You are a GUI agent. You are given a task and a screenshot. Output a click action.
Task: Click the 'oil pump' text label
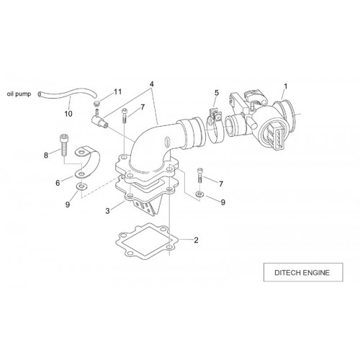tap(19, 94)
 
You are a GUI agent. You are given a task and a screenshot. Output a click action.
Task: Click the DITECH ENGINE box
tap(303, 272)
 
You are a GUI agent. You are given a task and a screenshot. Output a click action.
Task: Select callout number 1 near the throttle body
tap(286, 86)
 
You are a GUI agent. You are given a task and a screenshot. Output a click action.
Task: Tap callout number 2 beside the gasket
tap(196, 240)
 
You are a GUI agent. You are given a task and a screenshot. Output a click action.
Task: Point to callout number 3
tap(107, 211)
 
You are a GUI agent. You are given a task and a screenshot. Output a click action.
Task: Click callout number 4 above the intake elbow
tap(151, 84)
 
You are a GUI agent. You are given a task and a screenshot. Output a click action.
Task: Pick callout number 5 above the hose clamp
tap(217, 93)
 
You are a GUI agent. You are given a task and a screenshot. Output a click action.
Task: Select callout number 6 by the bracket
tap(58, 183)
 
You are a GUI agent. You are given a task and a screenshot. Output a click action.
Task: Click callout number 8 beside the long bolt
tap(46, 156)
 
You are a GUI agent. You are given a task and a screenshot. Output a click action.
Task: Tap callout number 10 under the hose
tap(68, 114)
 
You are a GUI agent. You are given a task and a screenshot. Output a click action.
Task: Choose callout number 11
tap(117, 91)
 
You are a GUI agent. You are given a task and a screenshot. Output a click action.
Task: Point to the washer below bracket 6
tap(82, 186)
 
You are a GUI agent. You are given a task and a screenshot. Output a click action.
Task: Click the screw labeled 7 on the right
tap(200, 176)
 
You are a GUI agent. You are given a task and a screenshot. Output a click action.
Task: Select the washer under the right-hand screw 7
tap(199, 194)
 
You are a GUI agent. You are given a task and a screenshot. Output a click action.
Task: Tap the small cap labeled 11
tap(96, 104)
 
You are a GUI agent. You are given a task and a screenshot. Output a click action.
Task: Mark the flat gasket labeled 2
tap(148, 241)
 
